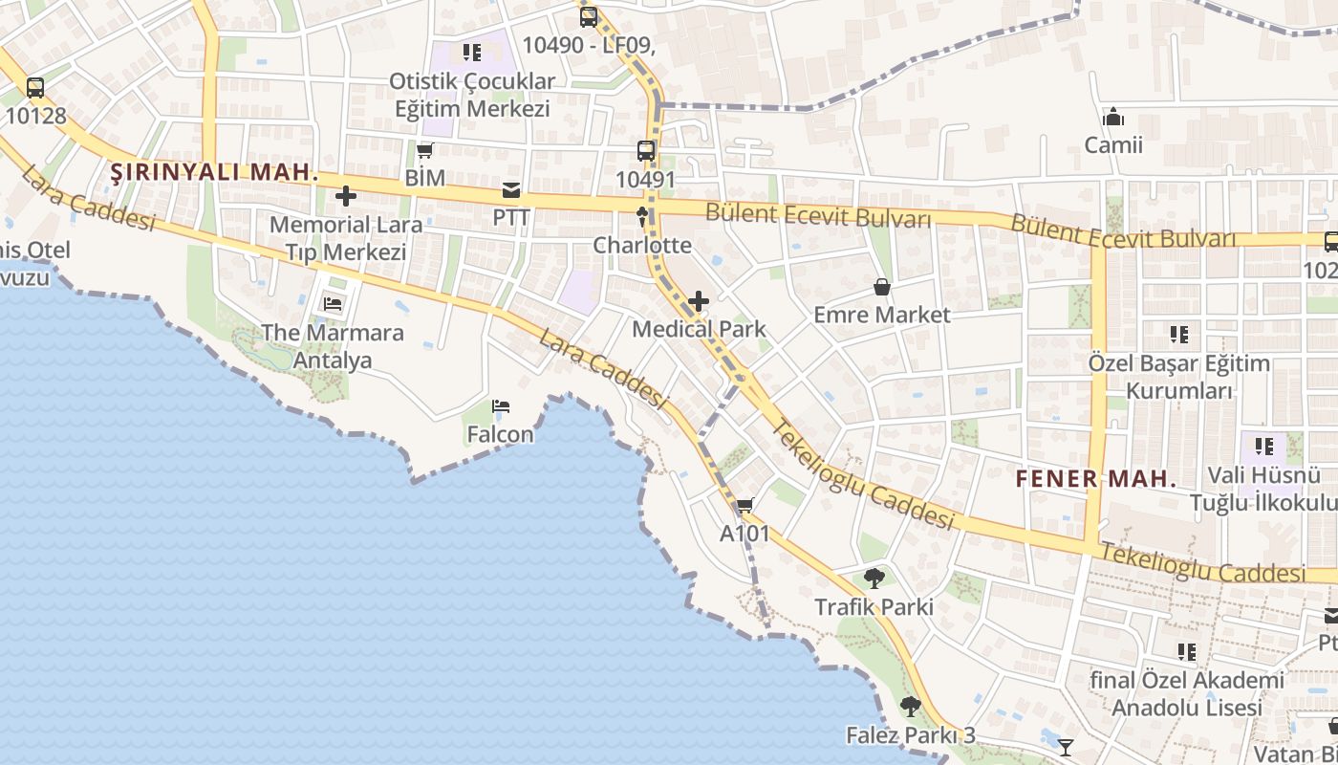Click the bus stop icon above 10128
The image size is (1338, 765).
(35, 88)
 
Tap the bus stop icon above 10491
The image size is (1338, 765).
(646, 151)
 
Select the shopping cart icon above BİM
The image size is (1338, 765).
(425, 151)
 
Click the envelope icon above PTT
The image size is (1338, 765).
(511, 189)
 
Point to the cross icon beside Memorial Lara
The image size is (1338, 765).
(346, 197)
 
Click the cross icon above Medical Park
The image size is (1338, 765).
(699, 301)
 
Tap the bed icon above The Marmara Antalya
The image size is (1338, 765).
(333, 305)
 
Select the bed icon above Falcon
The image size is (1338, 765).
(501, 407)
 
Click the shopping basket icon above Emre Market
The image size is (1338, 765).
(882, 287)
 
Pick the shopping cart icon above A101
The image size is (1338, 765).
(745, 506)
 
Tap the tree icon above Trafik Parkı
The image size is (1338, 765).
(874, 579)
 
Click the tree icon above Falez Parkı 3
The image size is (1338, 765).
(911, 708)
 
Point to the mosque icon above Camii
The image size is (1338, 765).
(1112, 118)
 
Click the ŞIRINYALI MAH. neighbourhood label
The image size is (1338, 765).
(214, 173)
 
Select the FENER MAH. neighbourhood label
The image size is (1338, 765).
(1096, 479)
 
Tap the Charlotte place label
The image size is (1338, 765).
(642, 246)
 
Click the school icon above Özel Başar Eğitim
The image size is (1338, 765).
(1179, 335)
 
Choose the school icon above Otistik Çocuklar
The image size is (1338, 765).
(471, 53)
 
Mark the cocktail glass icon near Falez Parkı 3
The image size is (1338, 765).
(1066, 747)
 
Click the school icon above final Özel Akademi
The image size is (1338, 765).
(1187, 652)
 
